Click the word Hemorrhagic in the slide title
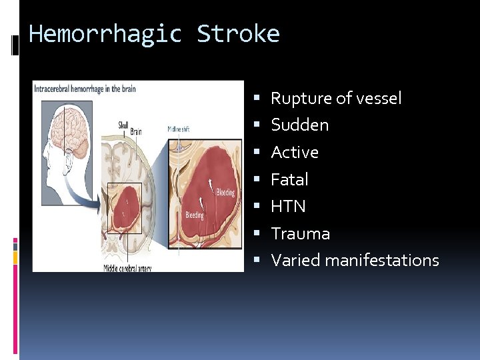(105, 33)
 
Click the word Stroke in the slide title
(238, 33)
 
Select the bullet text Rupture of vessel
(336, 99)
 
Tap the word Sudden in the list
(299, 125)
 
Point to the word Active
(295, 153)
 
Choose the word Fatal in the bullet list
(289, 179)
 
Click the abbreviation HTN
(288, 207)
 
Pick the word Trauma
(300, 233)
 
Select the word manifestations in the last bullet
(381, 261)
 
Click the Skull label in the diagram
(123, 124)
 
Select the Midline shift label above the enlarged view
(178, 129)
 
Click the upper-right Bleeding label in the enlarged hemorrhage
(225, 193)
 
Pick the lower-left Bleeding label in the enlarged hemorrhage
(195, 215)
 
